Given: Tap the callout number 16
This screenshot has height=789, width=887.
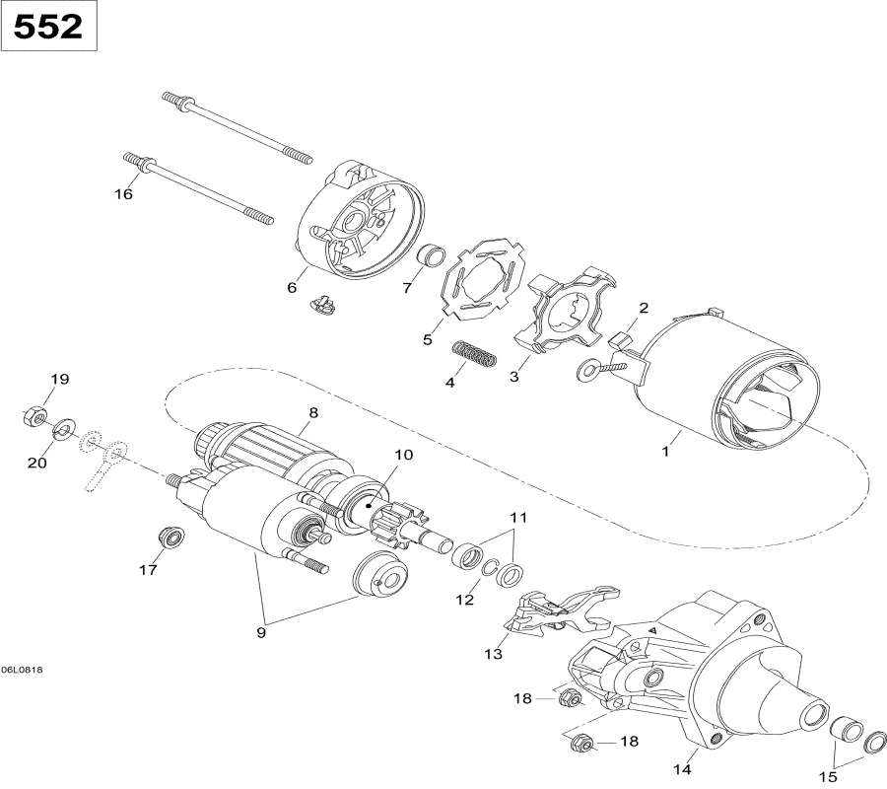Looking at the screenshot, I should (x=123, y=194).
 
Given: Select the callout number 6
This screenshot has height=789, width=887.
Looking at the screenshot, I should (x=292, y=287).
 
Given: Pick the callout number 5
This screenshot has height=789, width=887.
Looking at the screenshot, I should (x=427, y=339).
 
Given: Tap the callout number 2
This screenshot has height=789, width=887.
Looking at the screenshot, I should (x=643, y=308).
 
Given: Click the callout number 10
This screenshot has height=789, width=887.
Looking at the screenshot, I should (x=377, y=455).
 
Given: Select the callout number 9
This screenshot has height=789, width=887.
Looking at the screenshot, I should (x=262, y=633).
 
